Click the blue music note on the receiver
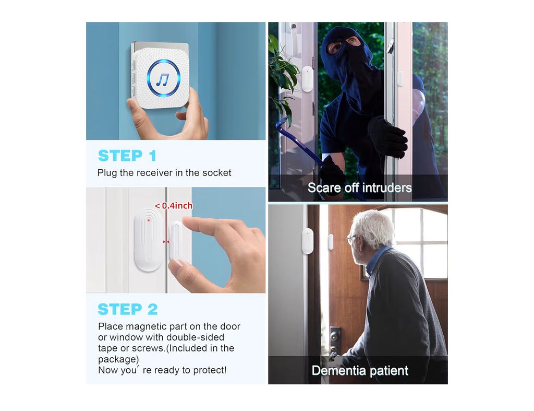click(x=163, y=78)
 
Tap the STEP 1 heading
click(x=127, y=156)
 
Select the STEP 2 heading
click(x=128, y=309)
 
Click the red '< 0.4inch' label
click(x=174, y=206)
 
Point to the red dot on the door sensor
click(x=149, y=220)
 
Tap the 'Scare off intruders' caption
click(x=359, y=188)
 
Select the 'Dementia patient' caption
click(x=360, y=371)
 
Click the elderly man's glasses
click(x=353, y=239)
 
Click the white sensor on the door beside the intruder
click(x=307, y=79)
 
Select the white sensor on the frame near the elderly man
click(x=307, y=241)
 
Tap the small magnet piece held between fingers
click(x=175, y=240)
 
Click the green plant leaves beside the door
click(x=281, y=73)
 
